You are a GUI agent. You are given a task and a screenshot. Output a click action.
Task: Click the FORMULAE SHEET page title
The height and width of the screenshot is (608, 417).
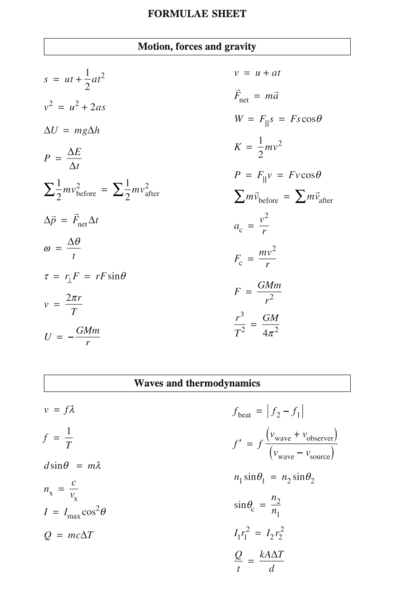[197, 14]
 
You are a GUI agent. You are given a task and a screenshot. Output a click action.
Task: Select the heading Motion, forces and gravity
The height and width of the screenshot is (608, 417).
[197, 47]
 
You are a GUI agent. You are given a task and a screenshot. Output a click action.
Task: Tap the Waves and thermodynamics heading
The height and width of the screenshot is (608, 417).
[197, 383]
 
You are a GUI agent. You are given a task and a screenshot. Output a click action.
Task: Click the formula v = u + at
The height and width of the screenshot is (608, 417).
[257, 73]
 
